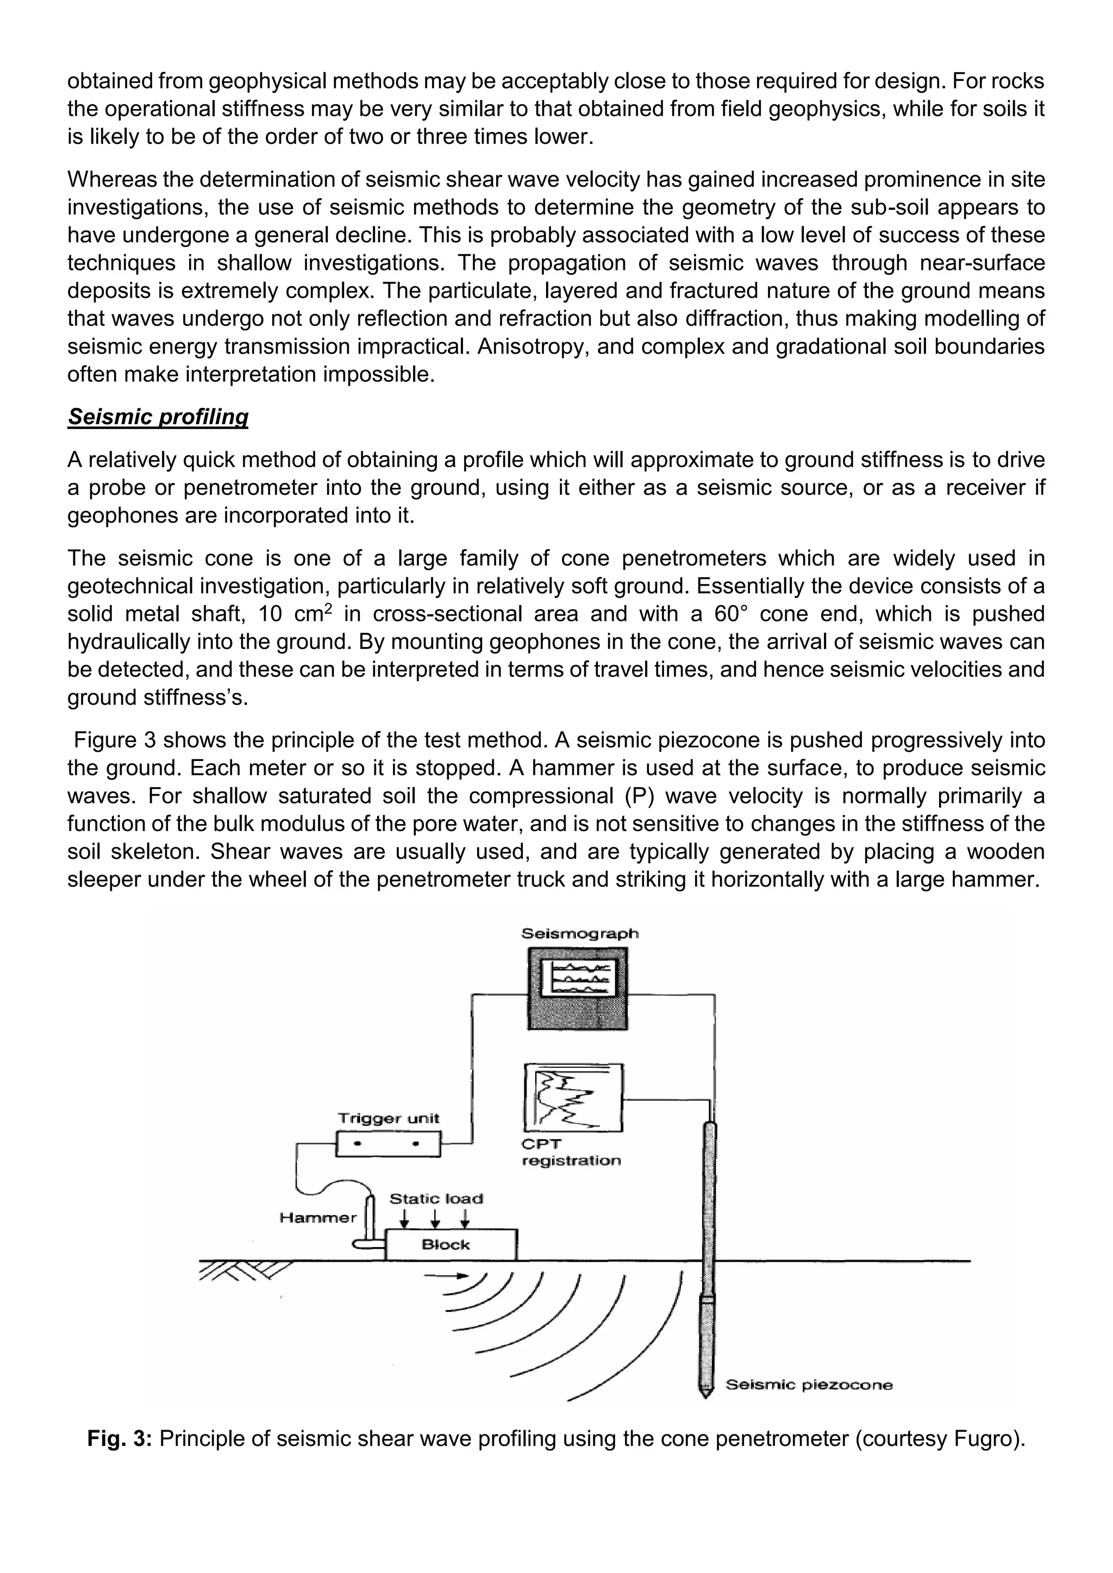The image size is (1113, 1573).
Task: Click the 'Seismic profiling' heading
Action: pyautogui.click(x=158, y=417)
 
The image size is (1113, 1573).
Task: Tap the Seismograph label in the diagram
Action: pyautogui.click(x=580, y=933)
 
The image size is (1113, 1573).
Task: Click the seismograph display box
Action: pyautogui.click(x=578, y=988)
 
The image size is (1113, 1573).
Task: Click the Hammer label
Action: pyautogui.click(x=318, y=1217)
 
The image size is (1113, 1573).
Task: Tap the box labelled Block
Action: pyautogui.click(x=451, y=1245)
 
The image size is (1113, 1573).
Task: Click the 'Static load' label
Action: pyautogui.click(x=436, y=1199)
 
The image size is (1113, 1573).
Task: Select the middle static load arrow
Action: pyautogui.click(x=435, y=1219)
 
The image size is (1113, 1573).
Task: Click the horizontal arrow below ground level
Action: pyautogui.click(x=446, y=1276)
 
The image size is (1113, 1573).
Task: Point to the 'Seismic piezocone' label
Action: pyautogui.click(x=809, y=1385)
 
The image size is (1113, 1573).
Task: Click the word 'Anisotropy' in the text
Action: pyautogui.click(x=530, y=347)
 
